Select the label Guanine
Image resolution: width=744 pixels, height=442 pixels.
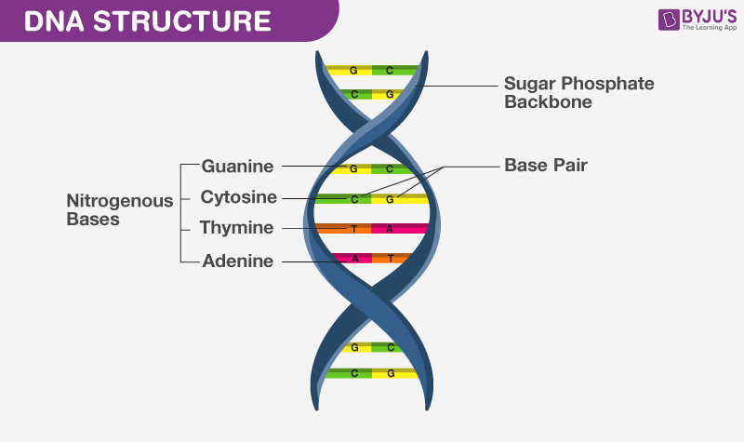[238, 167]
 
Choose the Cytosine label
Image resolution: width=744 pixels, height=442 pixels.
[238, 197]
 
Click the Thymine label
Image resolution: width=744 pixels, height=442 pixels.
[238, 228]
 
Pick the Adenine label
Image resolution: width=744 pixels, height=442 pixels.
[238, 261]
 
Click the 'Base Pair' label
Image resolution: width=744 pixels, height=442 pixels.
[546, 165]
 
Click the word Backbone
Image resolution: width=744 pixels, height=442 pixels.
[548, 102]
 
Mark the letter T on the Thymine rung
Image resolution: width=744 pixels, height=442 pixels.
[353, 228]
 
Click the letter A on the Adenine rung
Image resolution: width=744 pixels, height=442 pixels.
[353, 259]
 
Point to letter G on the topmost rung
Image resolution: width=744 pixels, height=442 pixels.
[353, 70]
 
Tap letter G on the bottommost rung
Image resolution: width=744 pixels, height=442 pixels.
[390, 373]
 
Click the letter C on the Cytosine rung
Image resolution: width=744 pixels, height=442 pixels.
[353, 198]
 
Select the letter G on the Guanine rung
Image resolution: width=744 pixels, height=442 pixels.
[353, 168]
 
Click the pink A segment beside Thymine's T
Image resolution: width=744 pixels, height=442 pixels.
[400, 228]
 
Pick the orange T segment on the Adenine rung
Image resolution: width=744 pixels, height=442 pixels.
[391, 259]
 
